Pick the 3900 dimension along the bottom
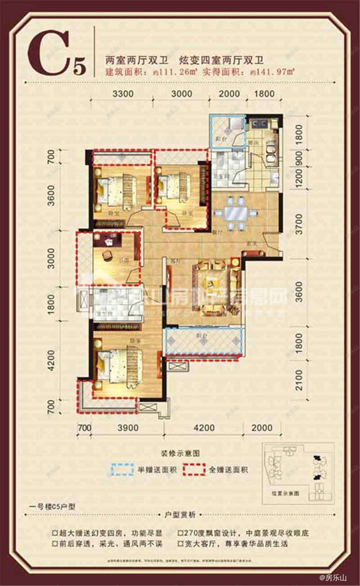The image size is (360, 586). pyautogui.click(x=127, y=428)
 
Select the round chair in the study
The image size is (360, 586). pyautogui.click(x=108, y=255)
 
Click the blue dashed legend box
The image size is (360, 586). pyautogui.click(x=123, y=470)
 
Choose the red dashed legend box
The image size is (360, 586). pyautogui.click(x=194, y=470)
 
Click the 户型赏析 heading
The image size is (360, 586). pyautogui.click(x=180, y=515)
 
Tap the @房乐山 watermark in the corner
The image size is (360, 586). pyautogui.click(x=333, y=578)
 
